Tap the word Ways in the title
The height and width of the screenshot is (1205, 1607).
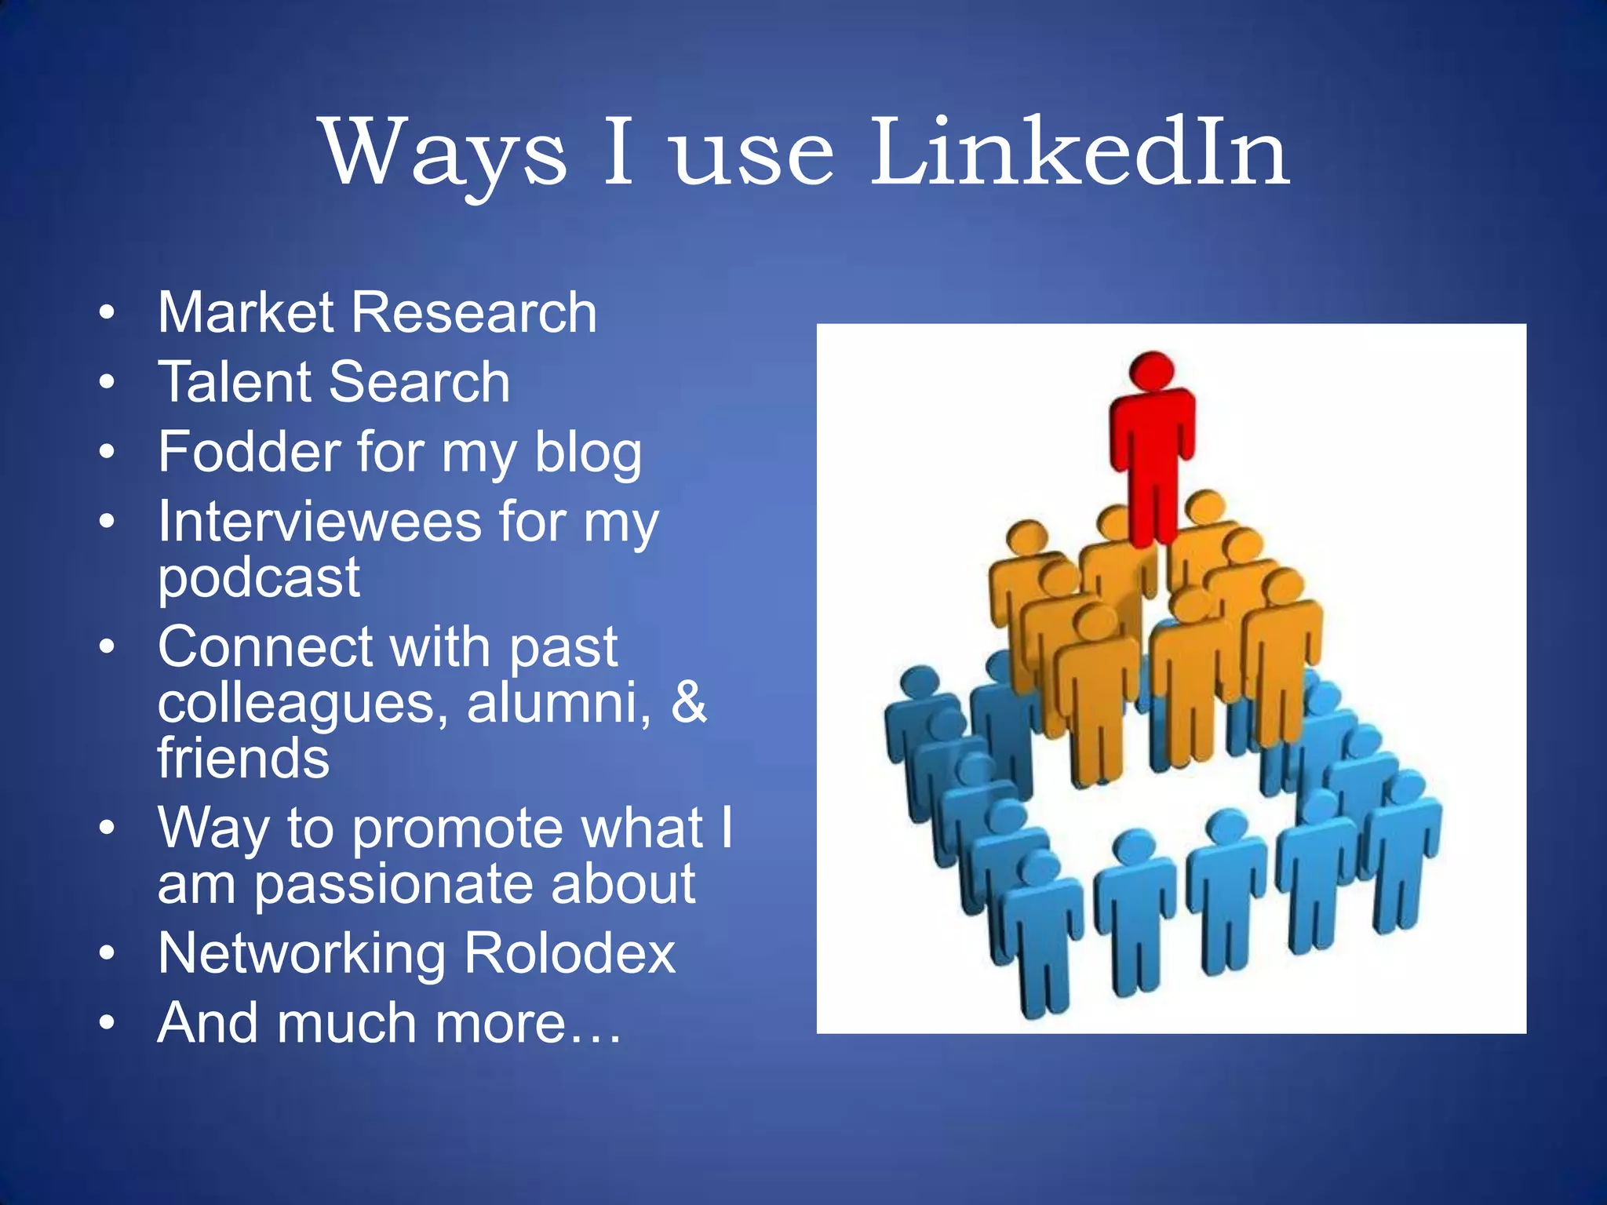tap(444, 153)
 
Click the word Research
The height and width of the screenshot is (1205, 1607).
tap(474, 312)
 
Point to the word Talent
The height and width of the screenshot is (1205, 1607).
tap(236, 382)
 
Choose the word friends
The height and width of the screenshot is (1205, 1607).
tap(243, 758)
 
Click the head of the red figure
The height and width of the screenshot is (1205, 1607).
tap(1152, 369)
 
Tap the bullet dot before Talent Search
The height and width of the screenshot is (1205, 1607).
tap(107, 383)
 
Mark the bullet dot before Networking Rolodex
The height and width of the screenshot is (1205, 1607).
tap(107, 954)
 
